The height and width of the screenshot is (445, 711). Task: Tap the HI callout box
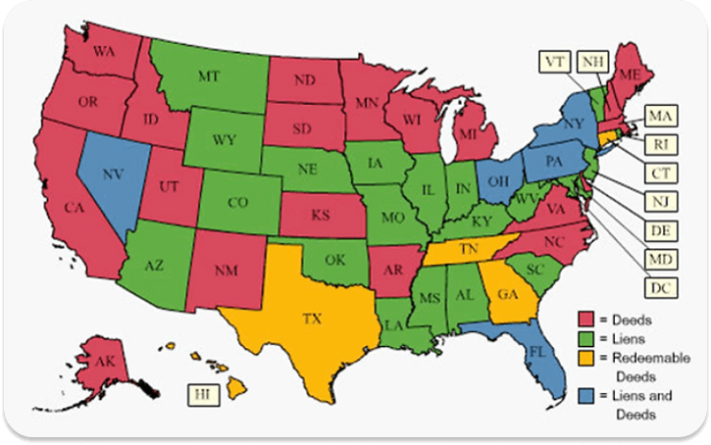click(x=201, y=393)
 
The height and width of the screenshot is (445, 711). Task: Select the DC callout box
click(x=658, y=287)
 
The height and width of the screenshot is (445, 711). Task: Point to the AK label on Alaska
click(x=106, y=361)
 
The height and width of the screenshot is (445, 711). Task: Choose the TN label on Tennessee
click(x=470, y=250)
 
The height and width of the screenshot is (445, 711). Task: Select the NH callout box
click(x=591, y=62)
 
